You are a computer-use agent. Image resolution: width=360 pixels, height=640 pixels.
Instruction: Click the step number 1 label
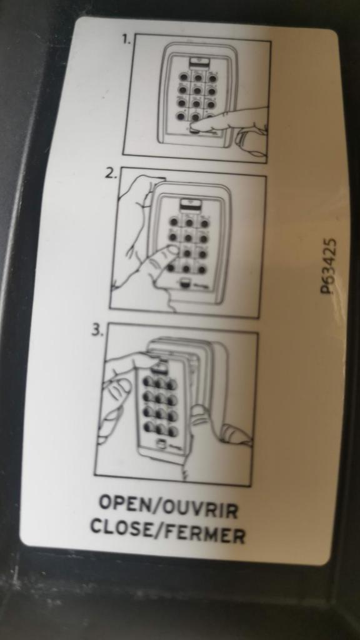pyautogui.click(x=126, y=39)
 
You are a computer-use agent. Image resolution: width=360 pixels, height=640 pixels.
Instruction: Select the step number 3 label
pyautogui.click(x=96, y=330)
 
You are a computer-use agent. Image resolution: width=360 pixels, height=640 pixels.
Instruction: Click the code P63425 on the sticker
pyautogui.click(x=329, y=266)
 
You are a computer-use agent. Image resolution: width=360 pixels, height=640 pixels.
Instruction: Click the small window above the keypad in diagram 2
pyautogui.click(x=188, y=203)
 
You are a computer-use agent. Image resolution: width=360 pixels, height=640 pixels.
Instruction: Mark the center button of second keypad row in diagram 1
pyautogui.click(x=197, y=89)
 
